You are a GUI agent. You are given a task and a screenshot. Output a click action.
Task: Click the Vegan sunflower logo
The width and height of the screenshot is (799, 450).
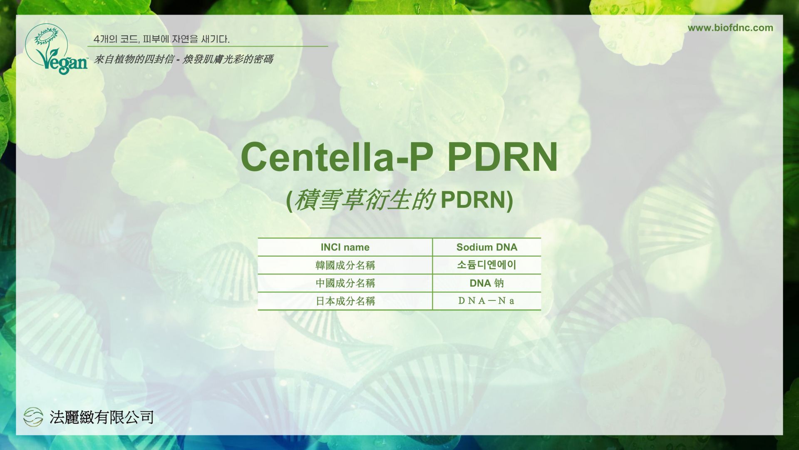pos(56,49)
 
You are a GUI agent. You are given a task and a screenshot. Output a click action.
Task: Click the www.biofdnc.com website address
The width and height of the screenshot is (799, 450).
pos(730,28)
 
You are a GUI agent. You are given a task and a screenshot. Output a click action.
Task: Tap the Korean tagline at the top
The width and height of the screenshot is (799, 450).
pos(162,39)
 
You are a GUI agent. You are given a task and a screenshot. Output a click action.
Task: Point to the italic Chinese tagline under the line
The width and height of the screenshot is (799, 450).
pos(184,59)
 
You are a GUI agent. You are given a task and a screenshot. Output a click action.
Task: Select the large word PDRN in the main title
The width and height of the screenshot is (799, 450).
pos(503,157)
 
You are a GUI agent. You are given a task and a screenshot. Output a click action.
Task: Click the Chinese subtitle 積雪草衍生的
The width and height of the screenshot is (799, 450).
pos(365,200)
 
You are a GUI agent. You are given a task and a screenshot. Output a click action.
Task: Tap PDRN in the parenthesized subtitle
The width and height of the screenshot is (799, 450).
pos(473,200)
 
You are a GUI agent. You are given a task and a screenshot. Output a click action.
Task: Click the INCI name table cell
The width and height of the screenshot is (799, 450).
pos(345,247)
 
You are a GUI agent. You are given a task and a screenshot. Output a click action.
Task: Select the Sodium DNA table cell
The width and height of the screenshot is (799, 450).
pos(487,247)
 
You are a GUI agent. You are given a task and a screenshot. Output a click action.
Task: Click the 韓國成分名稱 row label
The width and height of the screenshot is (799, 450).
pos(345,265)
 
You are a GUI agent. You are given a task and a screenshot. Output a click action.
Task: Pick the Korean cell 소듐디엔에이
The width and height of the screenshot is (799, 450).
pos(487,265)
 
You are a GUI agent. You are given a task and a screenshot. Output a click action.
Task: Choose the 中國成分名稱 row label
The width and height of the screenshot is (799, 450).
pos(345,283)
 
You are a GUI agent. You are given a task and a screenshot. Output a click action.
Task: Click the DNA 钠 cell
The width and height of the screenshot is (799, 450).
pos(487,283)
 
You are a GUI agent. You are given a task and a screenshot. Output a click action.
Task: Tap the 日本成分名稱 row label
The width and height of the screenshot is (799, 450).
pos(345,301)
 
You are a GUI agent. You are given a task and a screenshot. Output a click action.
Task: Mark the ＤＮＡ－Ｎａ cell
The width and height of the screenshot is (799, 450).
pos(486,301)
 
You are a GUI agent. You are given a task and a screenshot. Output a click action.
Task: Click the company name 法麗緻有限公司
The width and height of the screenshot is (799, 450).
pos(102,417)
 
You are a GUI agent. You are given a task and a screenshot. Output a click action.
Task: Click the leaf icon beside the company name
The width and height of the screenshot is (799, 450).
pos(33,417)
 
